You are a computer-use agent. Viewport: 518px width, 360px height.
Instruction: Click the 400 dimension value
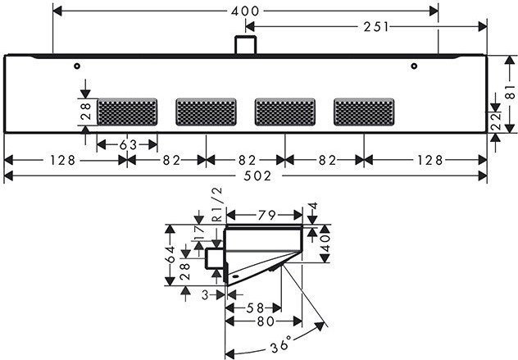[x=246, y=11]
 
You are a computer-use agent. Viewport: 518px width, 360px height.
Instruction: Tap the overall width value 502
[x=246, y=176]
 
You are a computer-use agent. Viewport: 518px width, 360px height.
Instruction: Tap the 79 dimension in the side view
[x=264, y=216]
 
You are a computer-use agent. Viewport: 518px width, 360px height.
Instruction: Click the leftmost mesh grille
[x=127, y=112]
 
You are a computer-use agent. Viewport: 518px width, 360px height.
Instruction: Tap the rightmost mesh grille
[x=363, y=112]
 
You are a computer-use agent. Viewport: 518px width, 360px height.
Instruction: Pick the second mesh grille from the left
[x=206, y=112]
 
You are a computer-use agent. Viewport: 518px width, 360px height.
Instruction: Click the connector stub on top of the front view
[x=244, y=45]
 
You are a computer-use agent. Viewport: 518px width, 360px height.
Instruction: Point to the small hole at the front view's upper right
[x=415, y=66]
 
